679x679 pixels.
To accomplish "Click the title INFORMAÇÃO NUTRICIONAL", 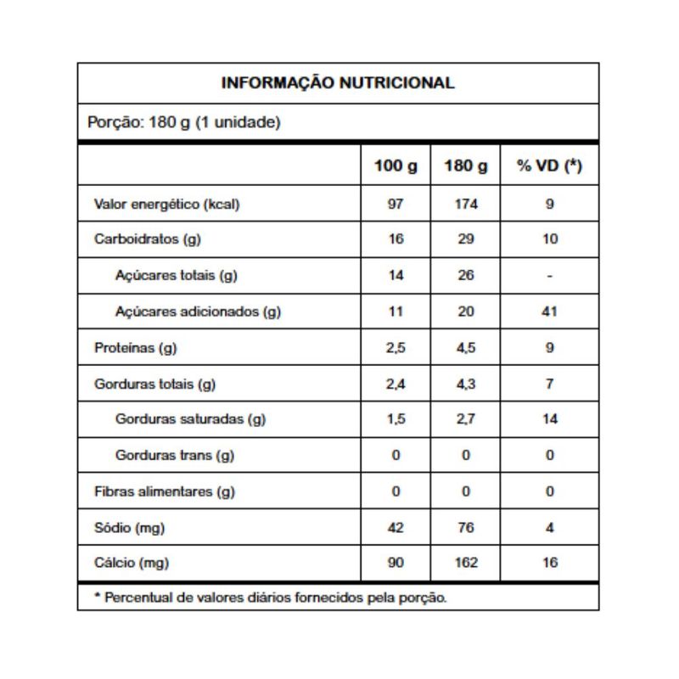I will pos(338,83).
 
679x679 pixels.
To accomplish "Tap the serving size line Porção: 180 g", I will pos(183,122).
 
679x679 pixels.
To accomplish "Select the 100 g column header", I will pos(396,166).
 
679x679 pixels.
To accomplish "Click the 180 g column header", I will pos(465,166).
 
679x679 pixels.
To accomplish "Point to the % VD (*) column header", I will pos(549,166).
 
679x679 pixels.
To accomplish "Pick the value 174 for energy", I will pos(465,204).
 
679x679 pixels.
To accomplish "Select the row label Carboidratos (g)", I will pos(147,239).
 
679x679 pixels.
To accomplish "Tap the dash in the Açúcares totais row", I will pos(550,275).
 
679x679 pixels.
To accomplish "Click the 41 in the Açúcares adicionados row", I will pos(550,311).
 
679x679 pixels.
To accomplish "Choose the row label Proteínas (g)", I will pos(137,348).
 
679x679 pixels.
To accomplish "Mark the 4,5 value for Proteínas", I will pos(465,348).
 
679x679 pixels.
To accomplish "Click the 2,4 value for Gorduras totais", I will pos(396,384).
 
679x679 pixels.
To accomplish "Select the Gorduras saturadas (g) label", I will pos(191,419).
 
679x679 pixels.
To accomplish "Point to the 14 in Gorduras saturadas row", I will pos(550,419).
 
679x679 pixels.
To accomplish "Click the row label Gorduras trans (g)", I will pos(175,456).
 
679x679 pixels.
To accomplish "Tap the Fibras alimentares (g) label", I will pos(164,491).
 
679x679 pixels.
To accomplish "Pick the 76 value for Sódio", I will pos(465,527).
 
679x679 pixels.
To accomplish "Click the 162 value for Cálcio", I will pos(465,563).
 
